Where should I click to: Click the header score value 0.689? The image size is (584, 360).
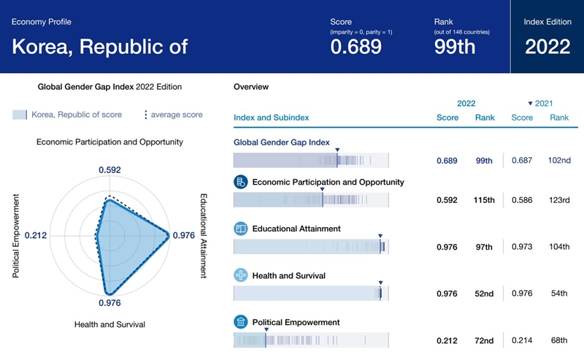point(356,47)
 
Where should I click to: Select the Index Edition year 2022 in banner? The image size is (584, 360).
point(547,47)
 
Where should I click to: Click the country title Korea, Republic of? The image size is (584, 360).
point(100,47)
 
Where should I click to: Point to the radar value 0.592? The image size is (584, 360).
point(109,170)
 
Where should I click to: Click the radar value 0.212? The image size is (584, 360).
point(35,236)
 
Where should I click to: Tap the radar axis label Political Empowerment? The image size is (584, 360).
point(15,236)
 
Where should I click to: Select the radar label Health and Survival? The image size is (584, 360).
point(109,323)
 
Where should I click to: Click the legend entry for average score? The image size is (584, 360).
point(174,115)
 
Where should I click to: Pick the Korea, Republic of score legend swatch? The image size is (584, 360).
point(20,115)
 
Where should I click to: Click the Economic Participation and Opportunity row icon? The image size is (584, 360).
point(240,182)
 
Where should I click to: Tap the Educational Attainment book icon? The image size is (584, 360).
point(240,229)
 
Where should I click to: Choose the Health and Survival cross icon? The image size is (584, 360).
point(240,275)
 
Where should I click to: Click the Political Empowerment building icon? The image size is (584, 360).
point(240,322)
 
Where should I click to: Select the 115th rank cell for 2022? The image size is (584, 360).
point(485,200)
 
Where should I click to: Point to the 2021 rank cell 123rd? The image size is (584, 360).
point(559,200)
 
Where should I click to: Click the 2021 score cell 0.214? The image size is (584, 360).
point(522,340)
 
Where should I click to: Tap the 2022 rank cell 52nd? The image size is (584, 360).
point(484,294)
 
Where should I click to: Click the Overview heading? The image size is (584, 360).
point(251,87)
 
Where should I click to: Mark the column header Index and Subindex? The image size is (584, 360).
point(271,118)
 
